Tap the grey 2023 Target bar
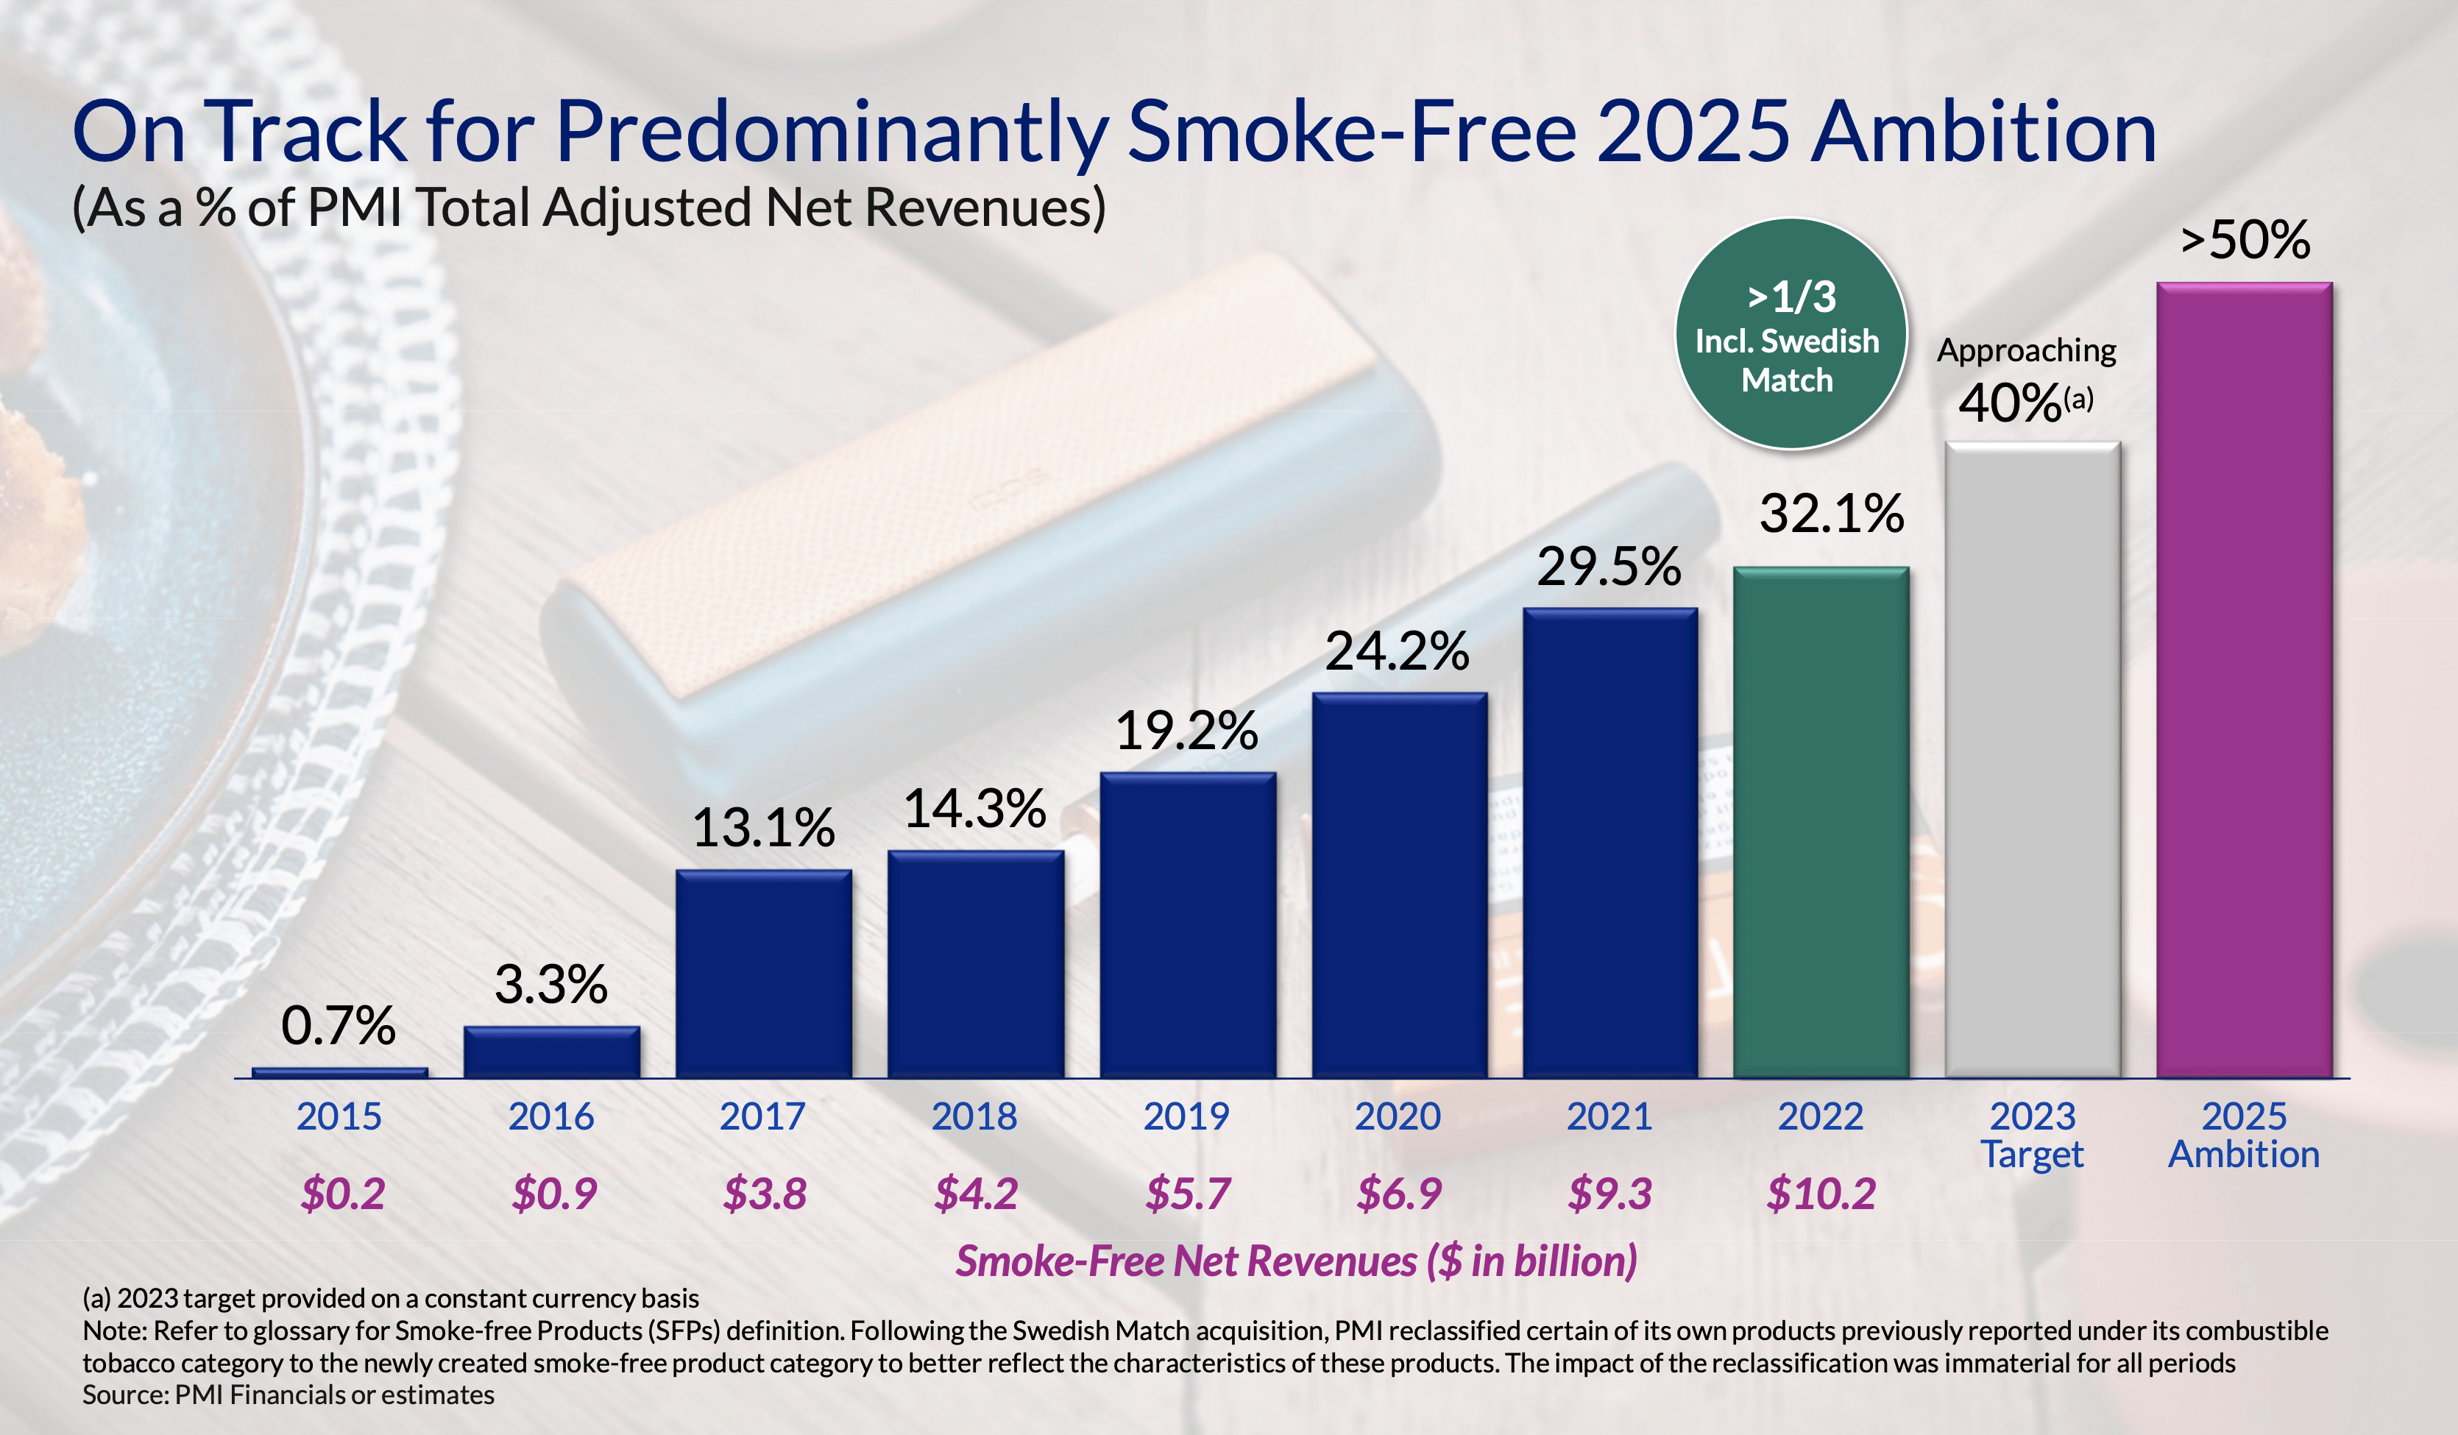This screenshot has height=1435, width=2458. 2033,760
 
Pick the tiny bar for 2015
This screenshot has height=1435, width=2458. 339,1072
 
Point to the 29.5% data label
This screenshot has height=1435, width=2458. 1609,567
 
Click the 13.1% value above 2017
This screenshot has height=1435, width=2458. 762,828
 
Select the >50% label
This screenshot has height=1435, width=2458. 2245,239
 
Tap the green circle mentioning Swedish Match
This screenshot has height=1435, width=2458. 1790,333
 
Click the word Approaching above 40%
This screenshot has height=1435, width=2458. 2026,350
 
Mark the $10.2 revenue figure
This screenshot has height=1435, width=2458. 1820,1193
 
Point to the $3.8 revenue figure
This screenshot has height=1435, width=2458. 764,1193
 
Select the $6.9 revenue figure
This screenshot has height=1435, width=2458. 1398,1193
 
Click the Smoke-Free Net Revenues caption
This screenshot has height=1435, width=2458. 1295,1261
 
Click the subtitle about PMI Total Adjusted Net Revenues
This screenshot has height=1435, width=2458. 589,208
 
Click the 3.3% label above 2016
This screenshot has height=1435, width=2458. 550,985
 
